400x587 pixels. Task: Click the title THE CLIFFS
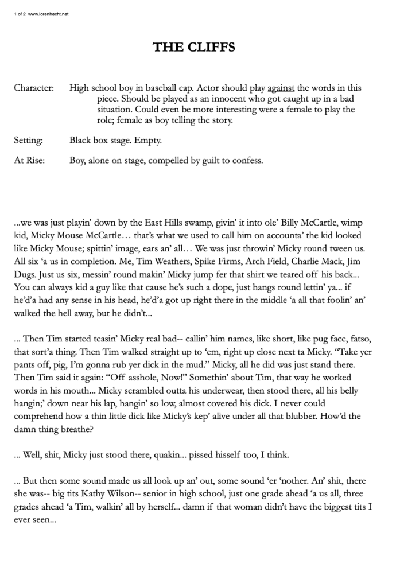click(x=193, y=48)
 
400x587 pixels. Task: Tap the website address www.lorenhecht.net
click(x=48, y=14)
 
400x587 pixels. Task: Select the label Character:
click(x=34, y=88)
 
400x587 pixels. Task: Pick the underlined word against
click(x=281, y=88)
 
